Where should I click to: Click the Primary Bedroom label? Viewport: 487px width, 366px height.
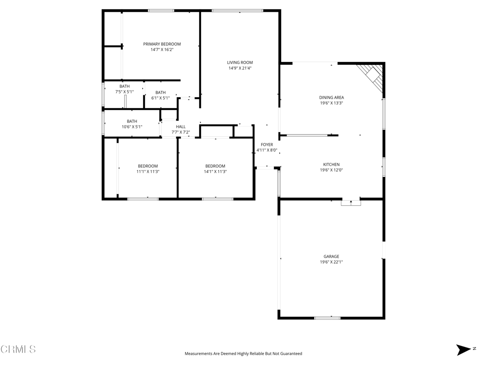[x=162, y=44]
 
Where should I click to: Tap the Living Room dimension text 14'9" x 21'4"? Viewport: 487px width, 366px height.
[x=240, y=68]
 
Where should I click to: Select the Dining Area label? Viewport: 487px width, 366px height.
[x=331, y=97]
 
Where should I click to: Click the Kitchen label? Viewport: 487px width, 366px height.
[x=331, y=164]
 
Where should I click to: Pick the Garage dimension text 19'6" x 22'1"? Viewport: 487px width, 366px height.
[x=331, y=262]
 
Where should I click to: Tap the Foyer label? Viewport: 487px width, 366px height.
[x=267, y=145]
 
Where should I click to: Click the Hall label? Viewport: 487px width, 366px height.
[x=181, y=127]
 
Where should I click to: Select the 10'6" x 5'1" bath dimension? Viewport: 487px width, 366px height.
[x=132, y=127]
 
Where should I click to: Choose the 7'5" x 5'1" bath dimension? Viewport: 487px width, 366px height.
[x=125, y=92]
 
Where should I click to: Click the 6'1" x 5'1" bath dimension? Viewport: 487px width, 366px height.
[x=161, y=98]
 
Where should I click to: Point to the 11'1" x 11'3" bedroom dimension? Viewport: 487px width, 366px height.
[x=148, y=172]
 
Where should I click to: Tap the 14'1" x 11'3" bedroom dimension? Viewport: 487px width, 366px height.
[x=215, y=172]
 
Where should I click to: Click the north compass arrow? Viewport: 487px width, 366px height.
[x=463, y=350]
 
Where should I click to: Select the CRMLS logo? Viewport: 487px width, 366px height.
[x=18, y=349]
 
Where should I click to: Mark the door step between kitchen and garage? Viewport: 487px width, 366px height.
[x=351, y=202]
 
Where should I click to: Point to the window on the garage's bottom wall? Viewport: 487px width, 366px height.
[x=327, y=318]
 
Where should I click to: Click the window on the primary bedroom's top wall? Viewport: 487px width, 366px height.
[x=161, y=11]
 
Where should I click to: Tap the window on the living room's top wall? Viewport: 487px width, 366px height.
[x=238, y=11]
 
